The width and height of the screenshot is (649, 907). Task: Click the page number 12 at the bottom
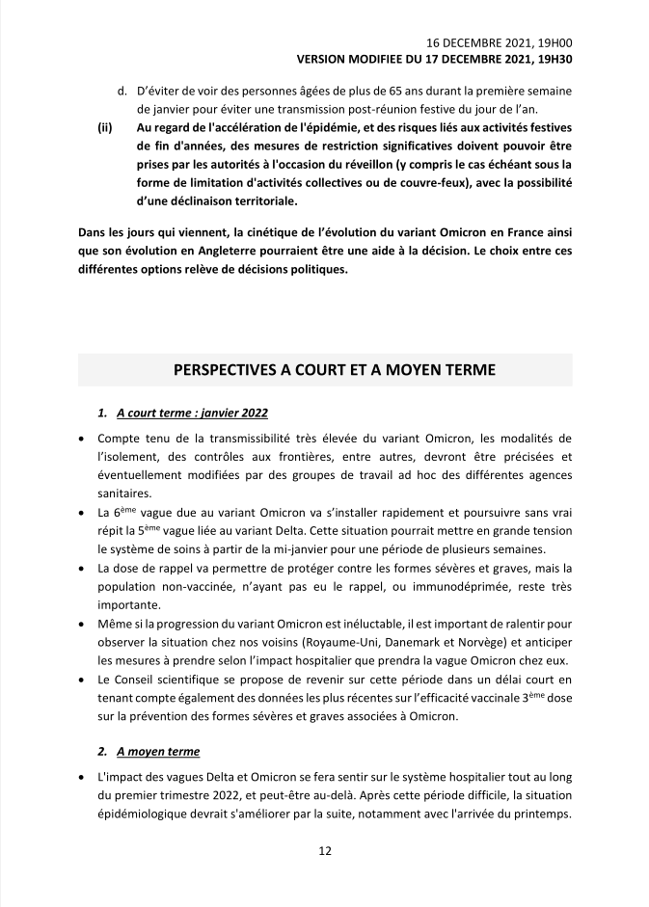[x=325, y=850]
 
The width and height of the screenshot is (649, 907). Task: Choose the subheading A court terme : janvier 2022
[x=184, y=413]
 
